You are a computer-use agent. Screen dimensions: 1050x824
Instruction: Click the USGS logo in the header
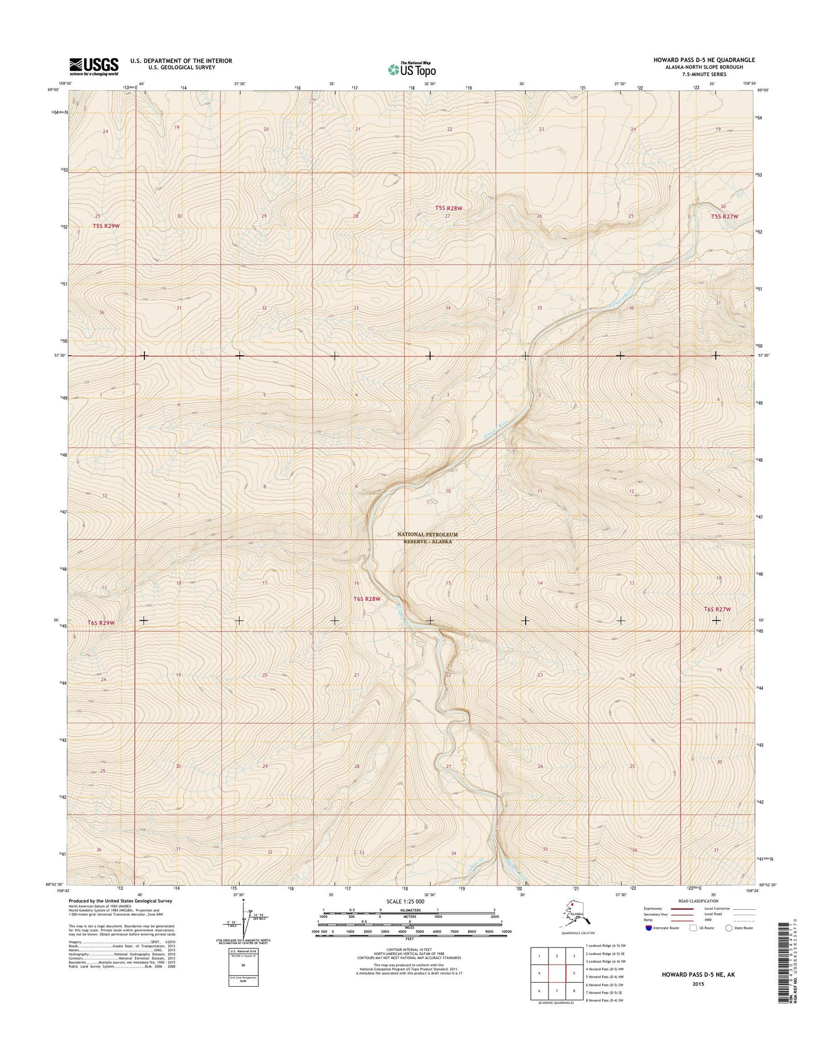94,67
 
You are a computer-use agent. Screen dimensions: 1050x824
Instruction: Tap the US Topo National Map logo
412,69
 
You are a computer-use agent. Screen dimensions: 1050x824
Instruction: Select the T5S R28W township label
449,209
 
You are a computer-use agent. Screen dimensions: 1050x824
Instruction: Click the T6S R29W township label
101,623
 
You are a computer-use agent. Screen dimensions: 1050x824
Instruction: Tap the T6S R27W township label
717,609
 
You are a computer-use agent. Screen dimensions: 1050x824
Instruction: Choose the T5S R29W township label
106,226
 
